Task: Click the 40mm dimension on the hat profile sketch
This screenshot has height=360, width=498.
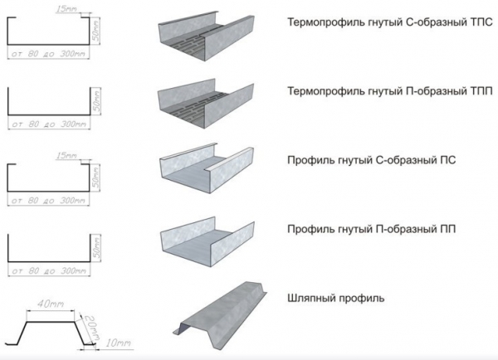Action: (x=45, y=304)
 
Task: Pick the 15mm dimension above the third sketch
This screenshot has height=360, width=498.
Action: (x=64, y=154)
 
